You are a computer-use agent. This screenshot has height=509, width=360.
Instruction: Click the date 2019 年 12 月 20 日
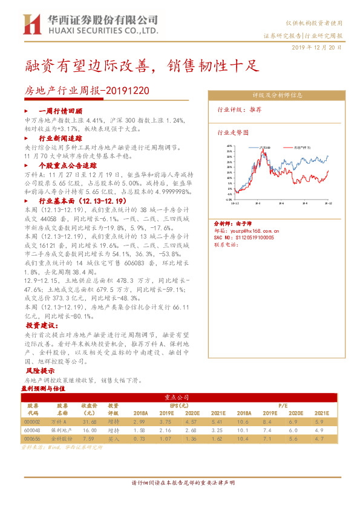click(316, 47)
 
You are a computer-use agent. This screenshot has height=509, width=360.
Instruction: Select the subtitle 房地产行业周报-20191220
click(87, 91)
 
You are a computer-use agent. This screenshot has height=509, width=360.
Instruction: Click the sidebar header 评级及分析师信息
click(278, 96)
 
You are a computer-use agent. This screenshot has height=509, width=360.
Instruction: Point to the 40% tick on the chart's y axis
click(229, 146)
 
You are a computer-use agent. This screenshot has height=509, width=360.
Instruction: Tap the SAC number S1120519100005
click(244, 238)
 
